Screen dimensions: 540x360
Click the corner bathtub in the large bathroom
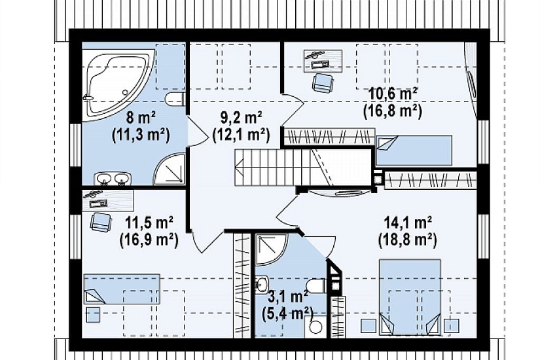[x=114, y=82]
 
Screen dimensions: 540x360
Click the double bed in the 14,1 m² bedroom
[x=410, y=297]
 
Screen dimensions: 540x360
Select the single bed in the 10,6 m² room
[x=414, y=151]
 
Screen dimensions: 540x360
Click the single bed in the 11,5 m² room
[x=122, y=289]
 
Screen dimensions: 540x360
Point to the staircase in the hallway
[x=304, y=168]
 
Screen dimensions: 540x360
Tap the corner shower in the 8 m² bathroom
[x=169, y=170]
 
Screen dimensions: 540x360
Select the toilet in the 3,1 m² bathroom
[x=315, y=285]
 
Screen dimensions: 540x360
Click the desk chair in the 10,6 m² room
[x=323, y=83]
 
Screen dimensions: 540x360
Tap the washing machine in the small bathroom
[x=315, y=327]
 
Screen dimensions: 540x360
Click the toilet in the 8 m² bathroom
[x=175, y=99]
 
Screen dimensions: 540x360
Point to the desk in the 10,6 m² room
[x=323, y=62]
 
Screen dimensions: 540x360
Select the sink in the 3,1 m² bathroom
[x=262, y=285]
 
